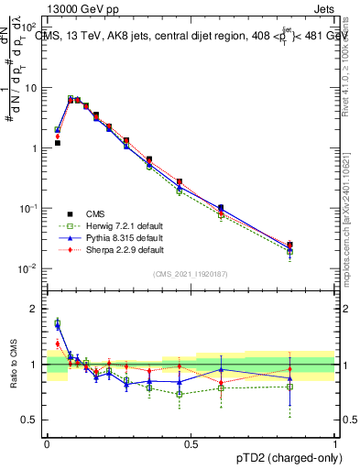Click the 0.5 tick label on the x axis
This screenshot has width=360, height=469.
[191, 442]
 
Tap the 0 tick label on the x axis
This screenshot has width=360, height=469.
[47, 442]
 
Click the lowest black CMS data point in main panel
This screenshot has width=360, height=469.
[290, 245]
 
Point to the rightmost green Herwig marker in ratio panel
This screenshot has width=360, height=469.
[290, 387]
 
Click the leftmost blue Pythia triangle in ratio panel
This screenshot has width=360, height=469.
[58, 325]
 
